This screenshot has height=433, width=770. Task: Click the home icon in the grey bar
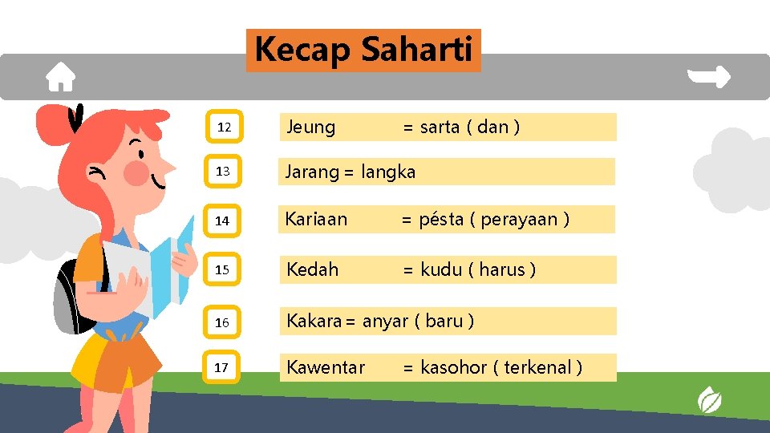pyautogui.click(x=60, y=77)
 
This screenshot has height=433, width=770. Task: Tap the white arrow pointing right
pyautogui.click(x=710, y=77)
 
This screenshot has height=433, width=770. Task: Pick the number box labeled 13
pyautogui.click(x=223, y=172)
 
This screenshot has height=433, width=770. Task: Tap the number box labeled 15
pyautogui.click(x=223, y=270)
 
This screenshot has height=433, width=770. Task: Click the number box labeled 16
pyautogui.click(x=223, y=322)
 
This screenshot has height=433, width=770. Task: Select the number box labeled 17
pyautogui.click(x=222, y=367)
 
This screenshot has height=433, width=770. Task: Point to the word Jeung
pyautogui.click(x=311, y=127)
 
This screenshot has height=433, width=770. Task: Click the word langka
pyautogui.click(x=388, y=172)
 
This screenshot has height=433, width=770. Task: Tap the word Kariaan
pyautogui.click(x=317, y=219)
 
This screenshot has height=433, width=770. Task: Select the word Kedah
pyautogui.click(x=313, y=269)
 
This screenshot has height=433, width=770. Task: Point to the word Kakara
pyautogui.click(x=314, y=321)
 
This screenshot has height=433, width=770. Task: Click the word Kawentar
pyautogui.click(x=326, y=367)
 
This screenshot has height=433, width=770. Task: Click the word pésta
pyautogui.click(x=441, y=219)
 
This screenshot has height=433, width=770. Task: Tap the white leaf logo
pyautogui.click(x=709, y=399)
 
